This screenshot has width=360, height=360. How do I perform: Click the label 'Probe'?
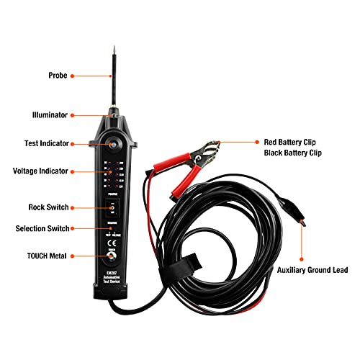[x=58, y=75]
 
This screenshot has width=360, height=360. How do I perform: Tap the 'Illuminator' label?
[x=50, y=114]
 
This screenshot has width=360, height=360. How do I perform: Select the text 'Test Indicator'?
[x=42, y=143]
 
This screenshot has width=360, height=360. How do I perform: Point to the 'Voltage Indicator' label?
[x=40, y=171]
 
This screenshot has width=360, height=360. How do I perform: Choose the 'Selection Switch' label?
[x=42, y=229]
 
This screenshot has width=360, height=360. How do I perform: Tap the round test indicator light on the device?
[x=112, y=143]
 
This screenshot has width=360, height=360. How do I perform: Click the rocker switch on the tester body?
[x=112, y=208]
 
